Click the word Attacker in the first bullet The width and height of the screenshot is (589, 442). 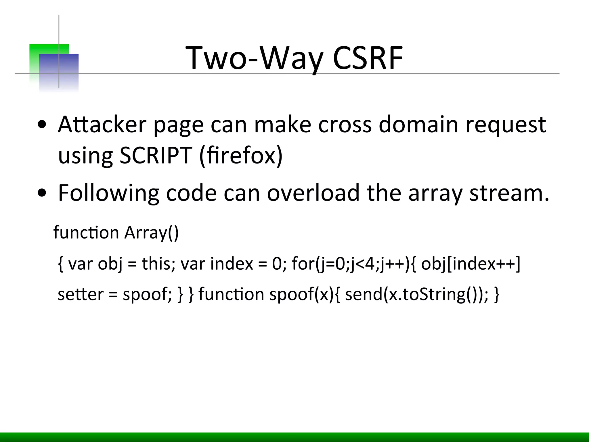tap(102, 124)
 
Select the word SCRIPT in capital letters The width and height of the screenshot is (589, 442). tap(156, 155)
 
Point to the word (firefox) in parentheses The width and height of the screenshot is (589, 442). tap(241, 155)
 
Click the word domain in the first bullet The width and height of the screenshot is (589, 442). tap(418, 124)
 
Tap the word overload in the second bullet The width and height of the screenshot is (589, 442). tap(313, 193)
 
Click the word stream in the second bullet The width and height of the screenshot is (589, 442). tap(509, 193)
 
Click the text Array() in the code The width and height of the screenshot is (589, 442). tap(152, 233)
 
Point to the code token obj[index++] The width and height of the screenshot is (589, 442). tap(471, 264)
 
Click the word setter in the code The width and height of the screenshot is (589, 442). tap(81, 294)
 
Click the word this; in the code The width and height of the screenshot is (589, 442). tap(158, 263)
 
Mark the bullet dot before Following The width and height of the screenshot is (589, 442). tap(42, 193)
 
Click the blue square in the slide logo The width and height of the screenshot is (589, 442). tap(59, 72)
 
